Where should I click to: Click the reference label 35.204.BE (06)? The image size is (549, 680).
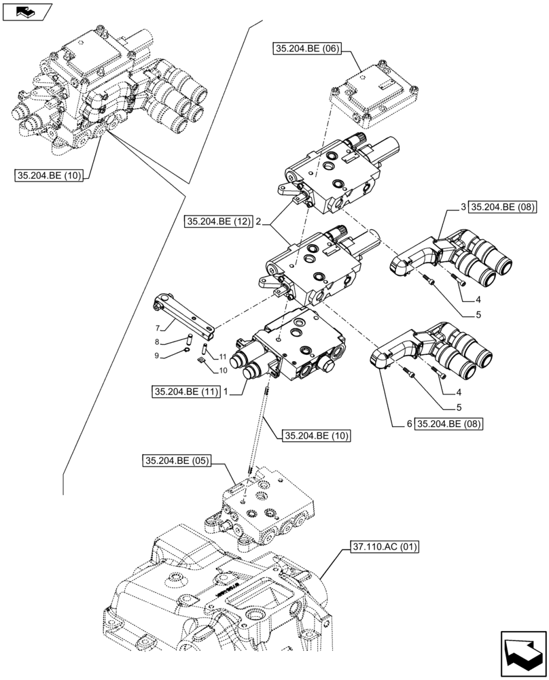pos(307,48)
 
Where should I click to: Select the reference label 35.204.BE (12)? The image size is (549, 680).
pos(217,221)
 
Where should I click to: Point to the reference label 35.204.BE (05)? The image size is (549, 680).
pos(176,461)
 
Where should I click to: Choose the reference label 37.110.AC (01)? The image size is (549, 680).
pos(384,546)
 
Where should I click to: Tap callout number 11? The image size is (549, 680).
pos(222,356)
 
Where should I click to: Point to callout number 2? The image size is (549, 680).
pos(259,221)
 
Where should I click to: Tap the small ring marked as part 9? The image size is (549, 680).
pos(185,352)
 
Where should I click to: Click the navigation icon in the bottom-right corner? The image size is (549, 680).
pos(523,653)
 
